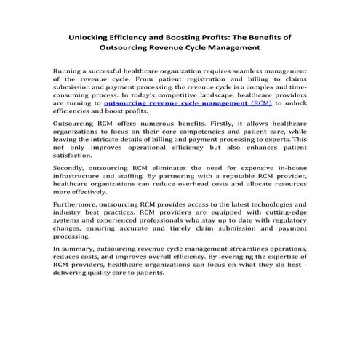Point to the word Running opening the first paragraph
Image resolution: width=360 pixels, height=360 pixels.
(70, 71)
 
